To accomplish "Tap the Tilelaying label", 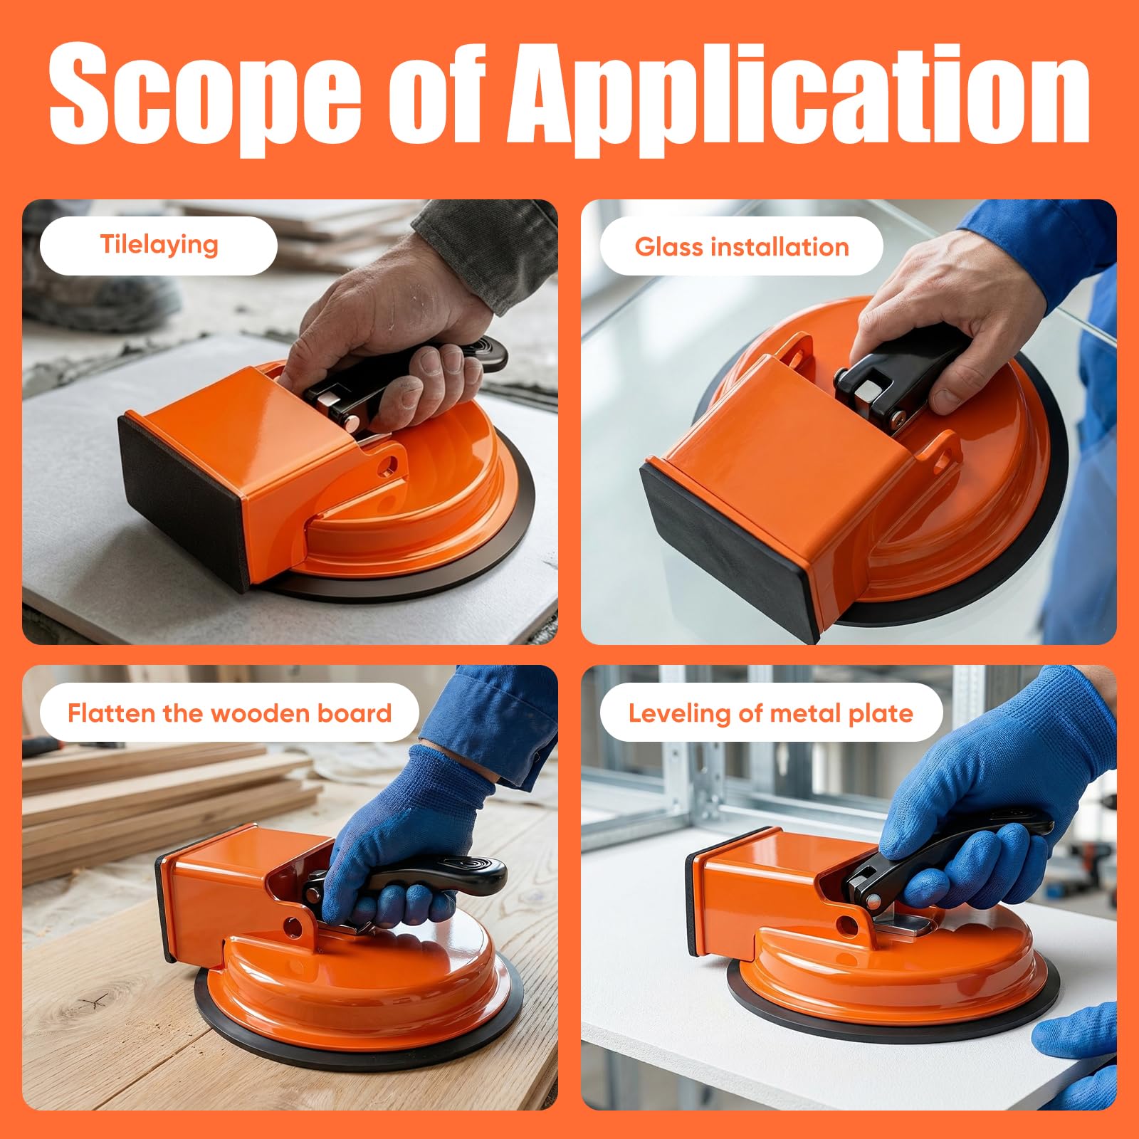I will [x=159, y=245].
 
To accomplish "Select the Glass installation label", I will [x=742, y=247].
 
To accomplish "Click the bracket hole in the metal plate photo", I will [x=847, y=925].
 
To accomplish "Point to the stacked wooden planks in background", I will [x=142, y=804].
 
